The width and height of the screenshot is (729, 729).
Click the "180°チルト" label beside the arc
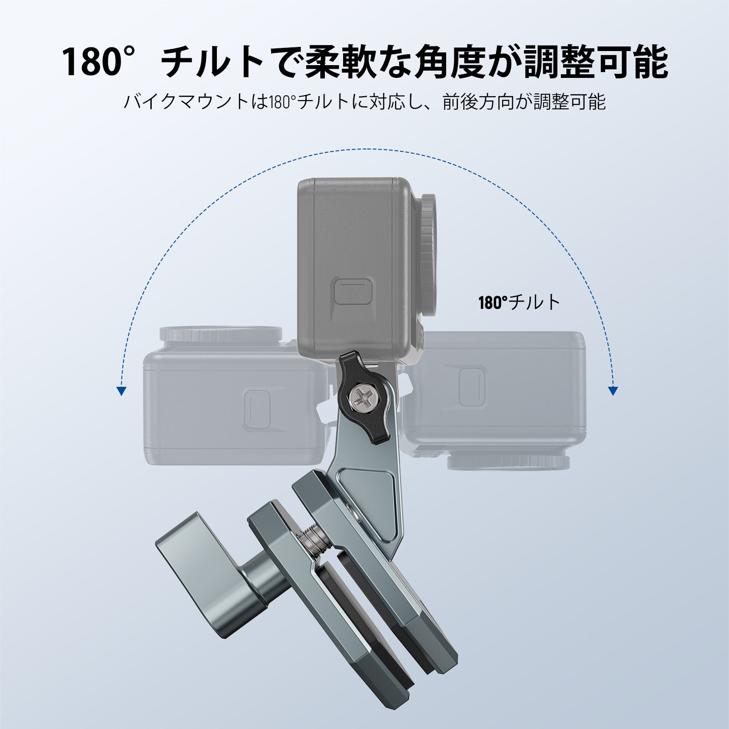click(519, 302)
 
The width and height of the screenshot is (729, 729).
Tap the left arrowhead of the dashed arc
click(121, 390)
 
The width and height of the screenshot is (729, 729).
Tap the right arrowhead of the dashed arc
click(613, 390)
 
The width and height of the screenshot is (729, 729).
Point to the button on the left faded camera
click(258, 408)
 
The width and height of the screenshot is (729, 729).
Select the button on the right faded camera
click(472, 387)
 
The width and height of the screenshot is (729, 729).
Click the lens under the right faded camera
click(508, 461)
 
